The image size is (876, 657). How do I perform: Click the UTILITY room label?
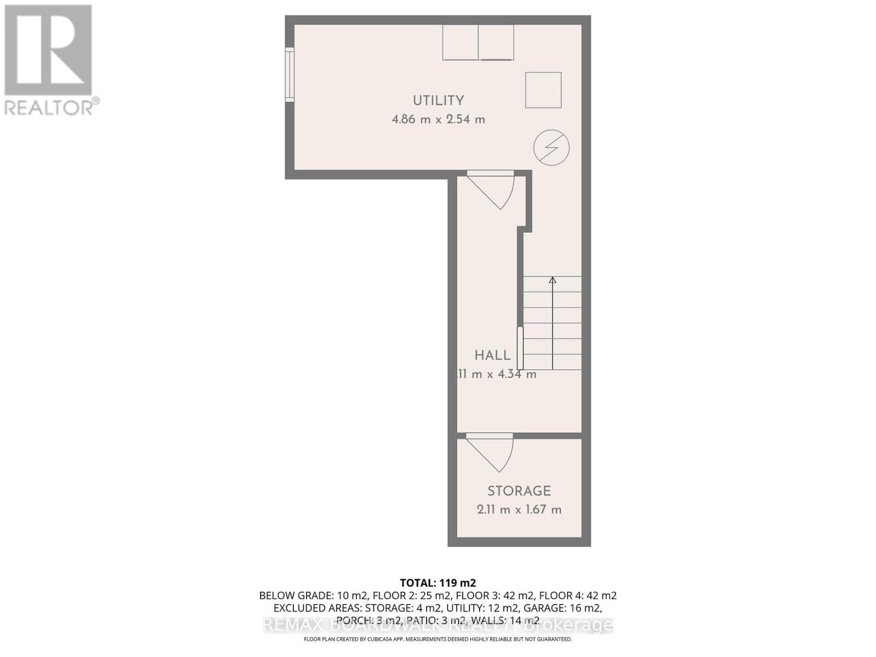[438, 100]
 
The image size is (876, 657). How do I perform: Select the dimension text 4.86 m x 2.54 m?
[438, 119]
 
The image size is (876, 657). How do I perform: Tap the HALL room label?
[492, 355]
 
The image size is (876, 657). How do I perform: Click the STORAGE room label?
[519, 491]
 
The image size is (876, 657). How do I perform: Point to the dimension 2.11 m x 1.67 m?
[519, 510]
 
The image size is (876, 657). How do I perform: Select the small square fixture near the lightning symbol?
[543, 90]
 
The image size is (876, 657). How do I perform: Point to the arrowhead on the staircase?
[552, 280]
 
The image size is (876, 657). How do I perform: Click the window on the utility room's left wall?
[290, 74]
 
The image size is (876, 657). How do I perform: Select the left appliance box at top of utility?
[460, 42]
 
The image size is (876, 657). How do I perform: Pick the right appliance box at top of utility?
[496, 42]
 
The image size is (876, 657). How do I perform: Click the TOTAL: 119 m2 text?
[438, 583]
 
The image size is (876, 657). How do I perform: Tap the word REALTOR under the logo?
[48, 107]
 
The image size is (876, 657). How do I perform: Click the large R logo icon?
[48, 50]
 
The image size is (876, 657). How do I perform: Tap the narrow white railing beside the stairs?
[520, 348]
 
